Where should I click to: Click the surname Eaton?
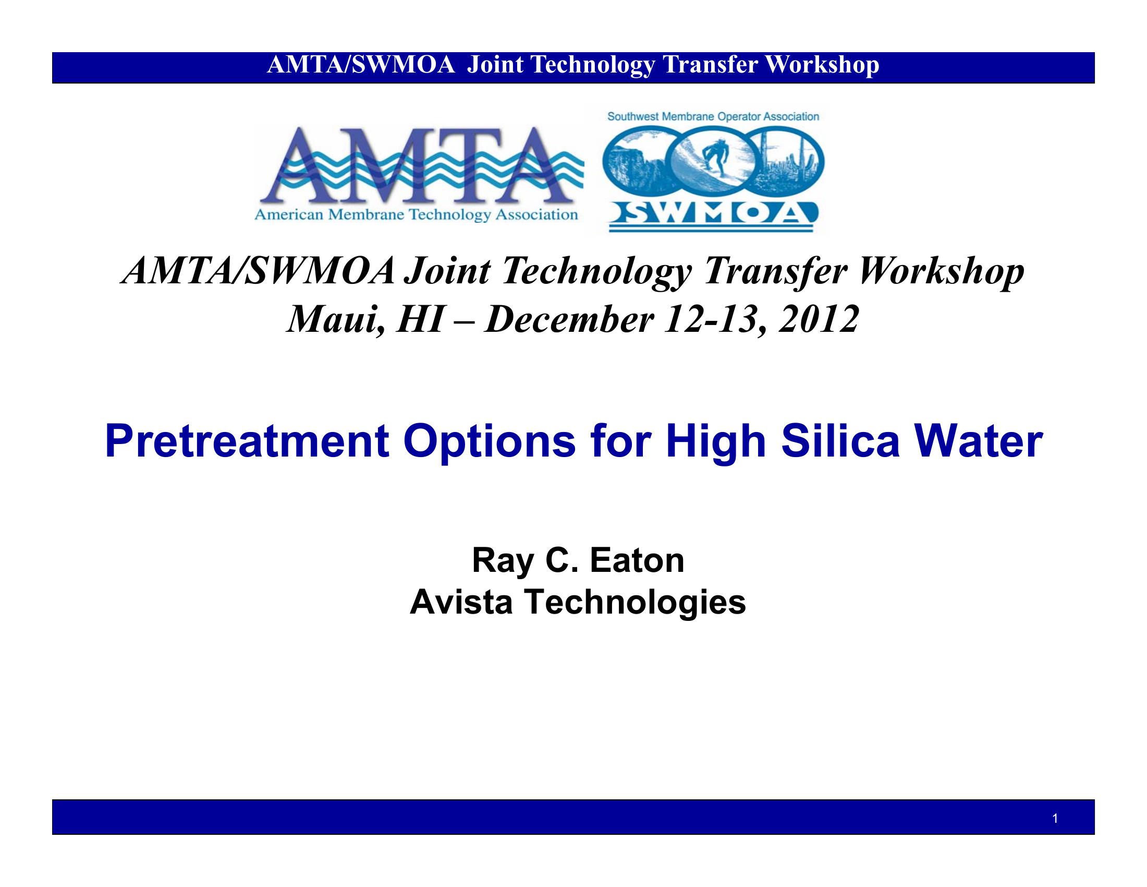(637, 561)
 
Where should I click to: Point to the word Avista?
(460, 602)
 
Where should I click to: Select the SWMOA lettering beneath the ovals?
(712, 213)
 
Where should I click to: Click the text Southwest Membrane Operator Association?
(713, 117)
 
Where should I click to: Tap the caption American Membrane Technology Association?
(416, 215)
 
